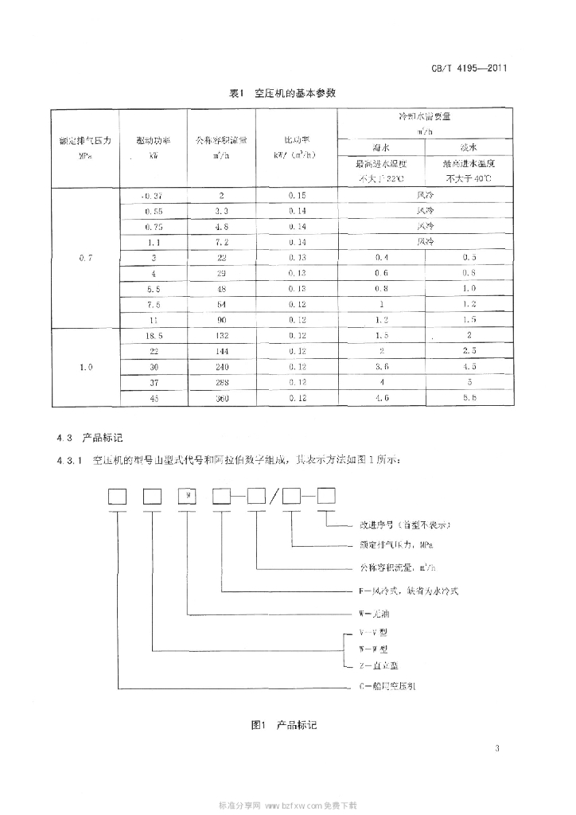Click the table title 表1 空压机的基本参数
point(282,93)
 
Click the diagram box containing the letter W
point(188,497)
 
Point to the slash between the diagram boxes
point(274,498)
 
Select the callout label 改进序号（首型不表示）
point(400,525)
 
